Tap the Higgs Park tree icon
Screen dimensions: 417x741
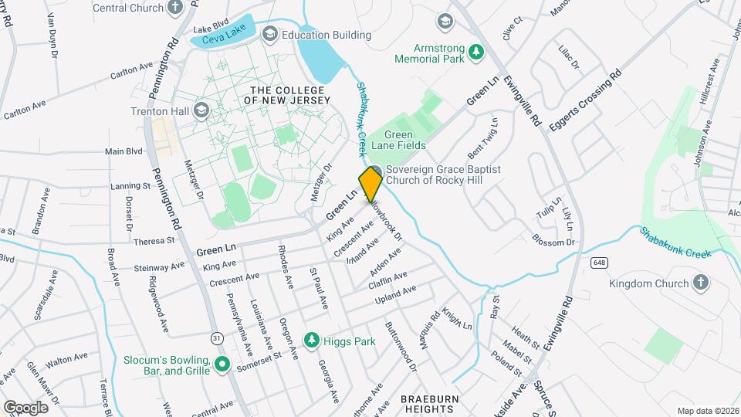[x=311, y=339]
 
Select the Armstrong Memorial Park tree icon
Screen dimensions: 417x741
[x=477, y=52]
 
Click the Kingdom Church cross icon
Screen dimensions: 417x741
[x=701, y=283]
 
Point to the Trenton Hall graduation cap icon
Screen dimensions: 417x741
[x=201, y=110]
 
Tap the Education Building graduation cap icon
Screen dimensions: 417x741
[x=269, y=34]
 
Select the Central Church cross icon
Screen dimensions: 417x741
[x=175, y=8]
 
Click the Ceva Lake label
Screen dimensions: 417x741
[x=223, y=39]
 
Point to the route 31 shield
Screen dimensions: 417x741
[x=218, y=337]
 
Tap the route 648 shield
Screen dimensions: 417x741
[x=599, y=263]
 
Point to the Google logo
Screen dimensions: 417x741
[x=25, y=407]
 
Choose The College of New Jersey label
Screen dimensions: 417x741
[x=286, y=94]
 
